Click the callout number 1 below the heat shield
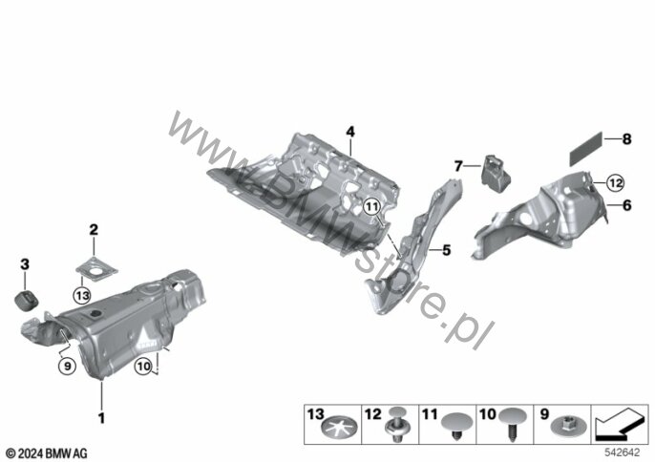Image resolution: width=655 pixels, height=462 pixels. point(101,417)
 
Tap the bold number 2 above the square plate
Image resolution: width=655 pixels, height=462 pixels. point(94,229)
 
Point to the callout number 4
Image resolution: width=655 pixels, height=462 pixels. point(350,132)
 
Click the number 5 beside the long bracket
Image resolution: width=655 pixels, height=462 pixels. point(447,250)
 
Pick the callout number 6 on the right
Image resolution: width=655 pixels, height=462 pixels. point(627,205)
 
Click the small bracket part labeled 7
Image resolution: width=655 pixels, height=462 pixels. point(496,174)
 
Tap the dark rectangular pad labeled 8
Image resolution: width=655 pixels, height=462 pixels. point(586,149)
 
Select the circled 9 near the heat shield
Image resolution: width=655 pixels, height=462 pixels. point(67,367)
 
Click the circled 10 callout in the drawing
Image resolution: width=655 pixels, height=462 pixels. point(143,367)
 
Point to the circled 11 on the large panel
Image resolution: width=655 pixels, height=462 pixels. point(371,206)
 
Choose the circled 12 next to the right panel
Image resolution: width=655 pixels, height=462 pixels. point(615,183)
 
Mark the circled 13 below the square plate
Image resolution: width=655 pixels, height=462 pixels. point(82,296)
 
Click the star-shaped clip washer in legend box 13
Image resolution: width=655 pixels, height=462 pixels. point(341,429)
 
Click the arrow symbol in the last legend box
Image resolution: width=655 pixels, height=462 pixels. point(619,425)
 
